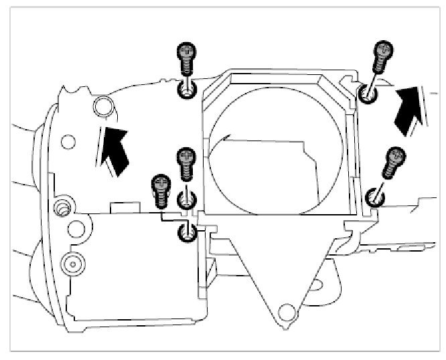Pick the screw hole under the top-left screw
[x=185, y=91]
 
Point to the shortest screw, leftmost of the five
[x=161, y=190]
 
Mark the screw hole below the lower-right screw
[x=374, y=196]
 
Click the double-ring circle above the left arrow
[x=102, y=106]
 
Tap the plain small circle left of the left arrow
[x=68, y=141]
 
